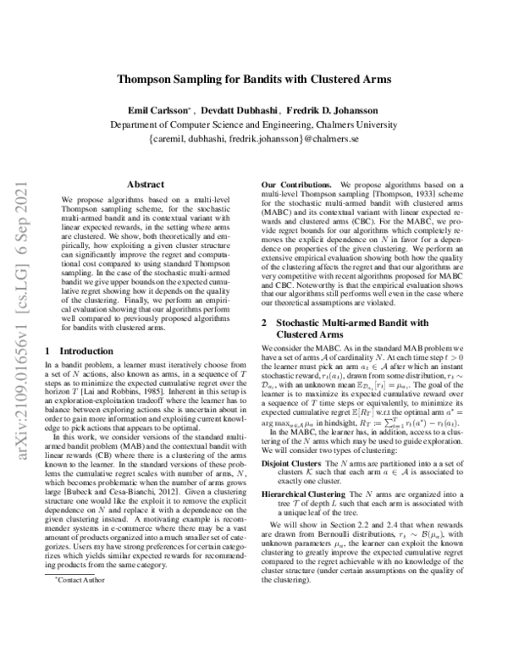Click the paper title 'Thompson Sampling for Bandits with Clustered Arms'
254,80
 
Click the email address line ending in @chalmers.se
254,136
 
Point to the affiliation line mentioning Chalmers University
254,124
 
